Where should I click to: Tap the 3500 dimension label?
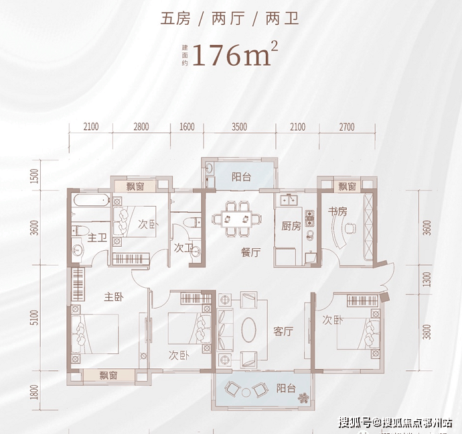point(240,127)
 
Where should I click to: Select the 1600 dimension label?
point(187,127)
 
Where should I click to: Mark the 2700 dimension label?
point(345,127)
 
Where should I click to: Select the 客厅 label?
point(284,331)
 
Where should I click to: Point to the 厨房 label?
point(291,226)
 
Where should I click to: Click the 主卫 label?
point(98,237)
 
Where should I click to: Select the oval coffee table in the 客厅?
point(248,329)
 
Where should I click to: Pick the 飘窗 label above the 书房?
point(347,186)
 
